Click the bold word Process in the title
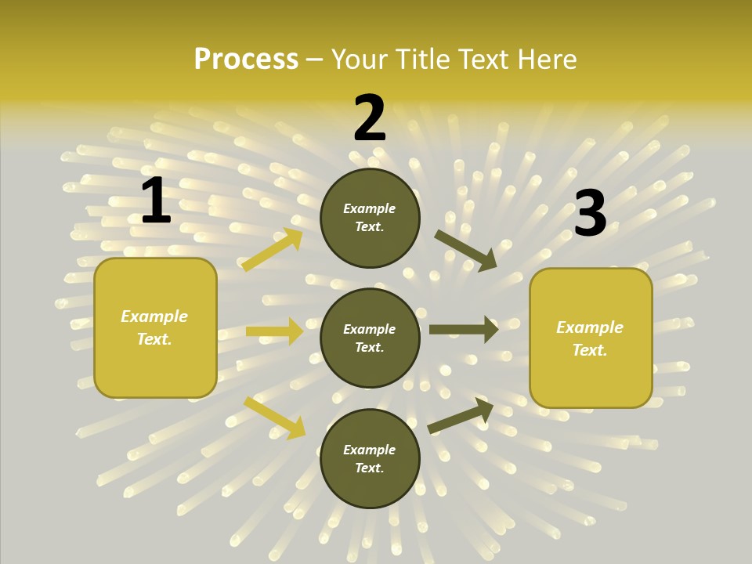point(246,60)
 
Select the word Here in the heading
point(548,60)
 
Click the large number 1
point(156,201)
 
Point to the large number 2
point(370,118)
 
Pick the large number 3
point(590,213)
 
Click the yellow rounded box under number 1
point(155,327)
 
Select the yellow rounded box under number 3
point(591,338)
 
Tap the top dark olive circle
point(370,218)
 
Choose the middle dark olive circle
point(370,338)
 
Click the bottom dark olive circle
point(370,458)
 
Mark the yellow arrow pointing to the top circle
point(273,250)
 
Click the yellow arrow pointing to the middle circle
point(274,331)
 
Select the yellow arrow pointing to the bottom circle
point(275,418)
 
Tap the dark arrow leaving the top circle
point(465,250)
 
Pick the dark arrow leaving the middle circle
point(464,329)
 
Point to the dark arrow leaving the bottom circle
point(461,415)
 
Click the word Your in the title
point(356,60)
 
